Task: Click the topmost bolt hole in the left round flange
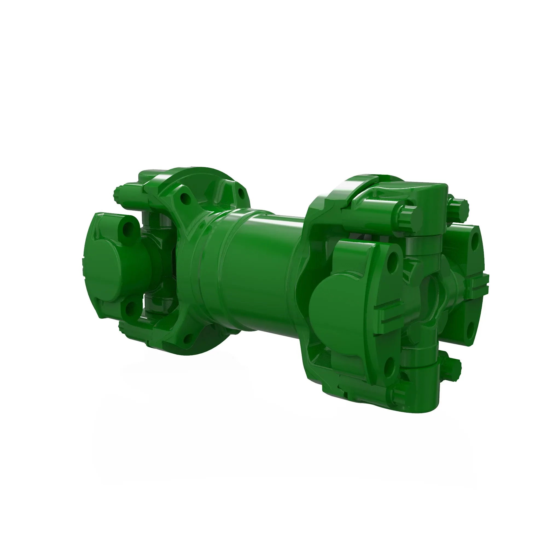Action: [185, 198]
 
